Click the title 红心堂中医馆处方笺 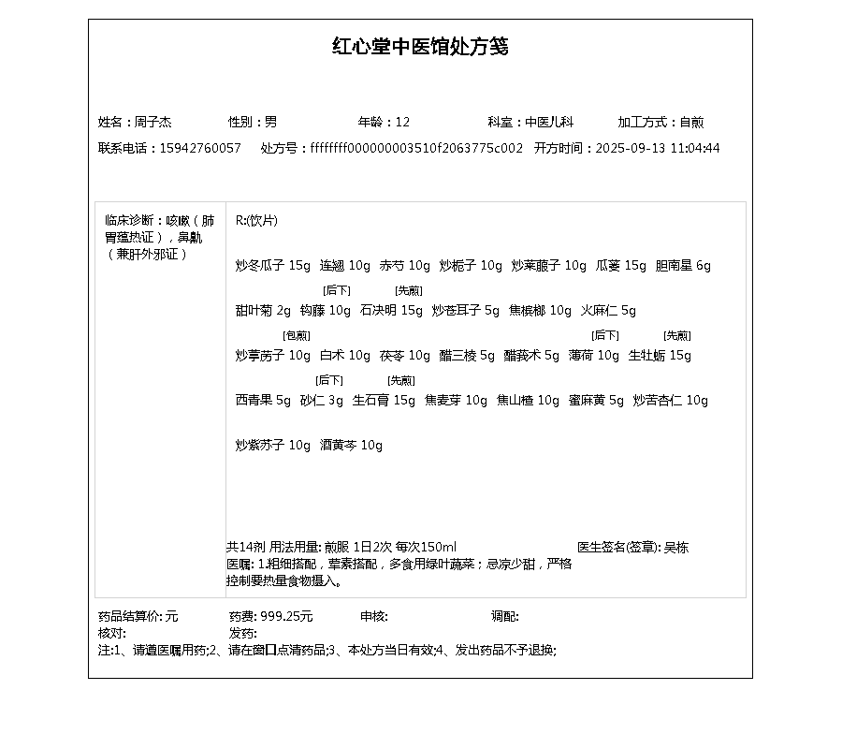(x=420, y=47)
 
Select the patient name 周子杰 (x=153, y=122)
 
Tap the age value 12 (x=402, y=122)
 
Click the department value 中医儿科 (x=548, y=122)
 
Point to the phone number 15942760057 (x=200, y=148)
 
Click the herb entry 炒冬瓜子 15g (x=272, y=266)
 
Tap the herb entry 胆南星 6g (x=683, y=266)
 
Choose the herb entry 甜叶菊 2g (x=263, y=311)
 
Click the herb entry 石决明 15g (x=391, y=311)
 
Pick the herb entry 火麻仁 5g (x=608, y=311)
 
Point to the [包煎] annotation (x=297, y=335)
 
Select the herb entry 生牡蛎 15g (x=660, y=356)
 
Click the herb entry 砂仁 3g (x=322, y=401)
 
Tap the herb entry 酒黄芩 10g (x=351, y=446)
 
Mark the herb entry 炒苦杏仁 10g (x=670, y=401)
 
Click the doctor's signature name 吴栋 (x=675, y=547)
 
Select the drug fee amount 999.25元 (x=286, y=616)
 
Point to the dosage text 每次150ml (x=426, y=547)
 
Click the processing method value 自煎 (x=691, y=122)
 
